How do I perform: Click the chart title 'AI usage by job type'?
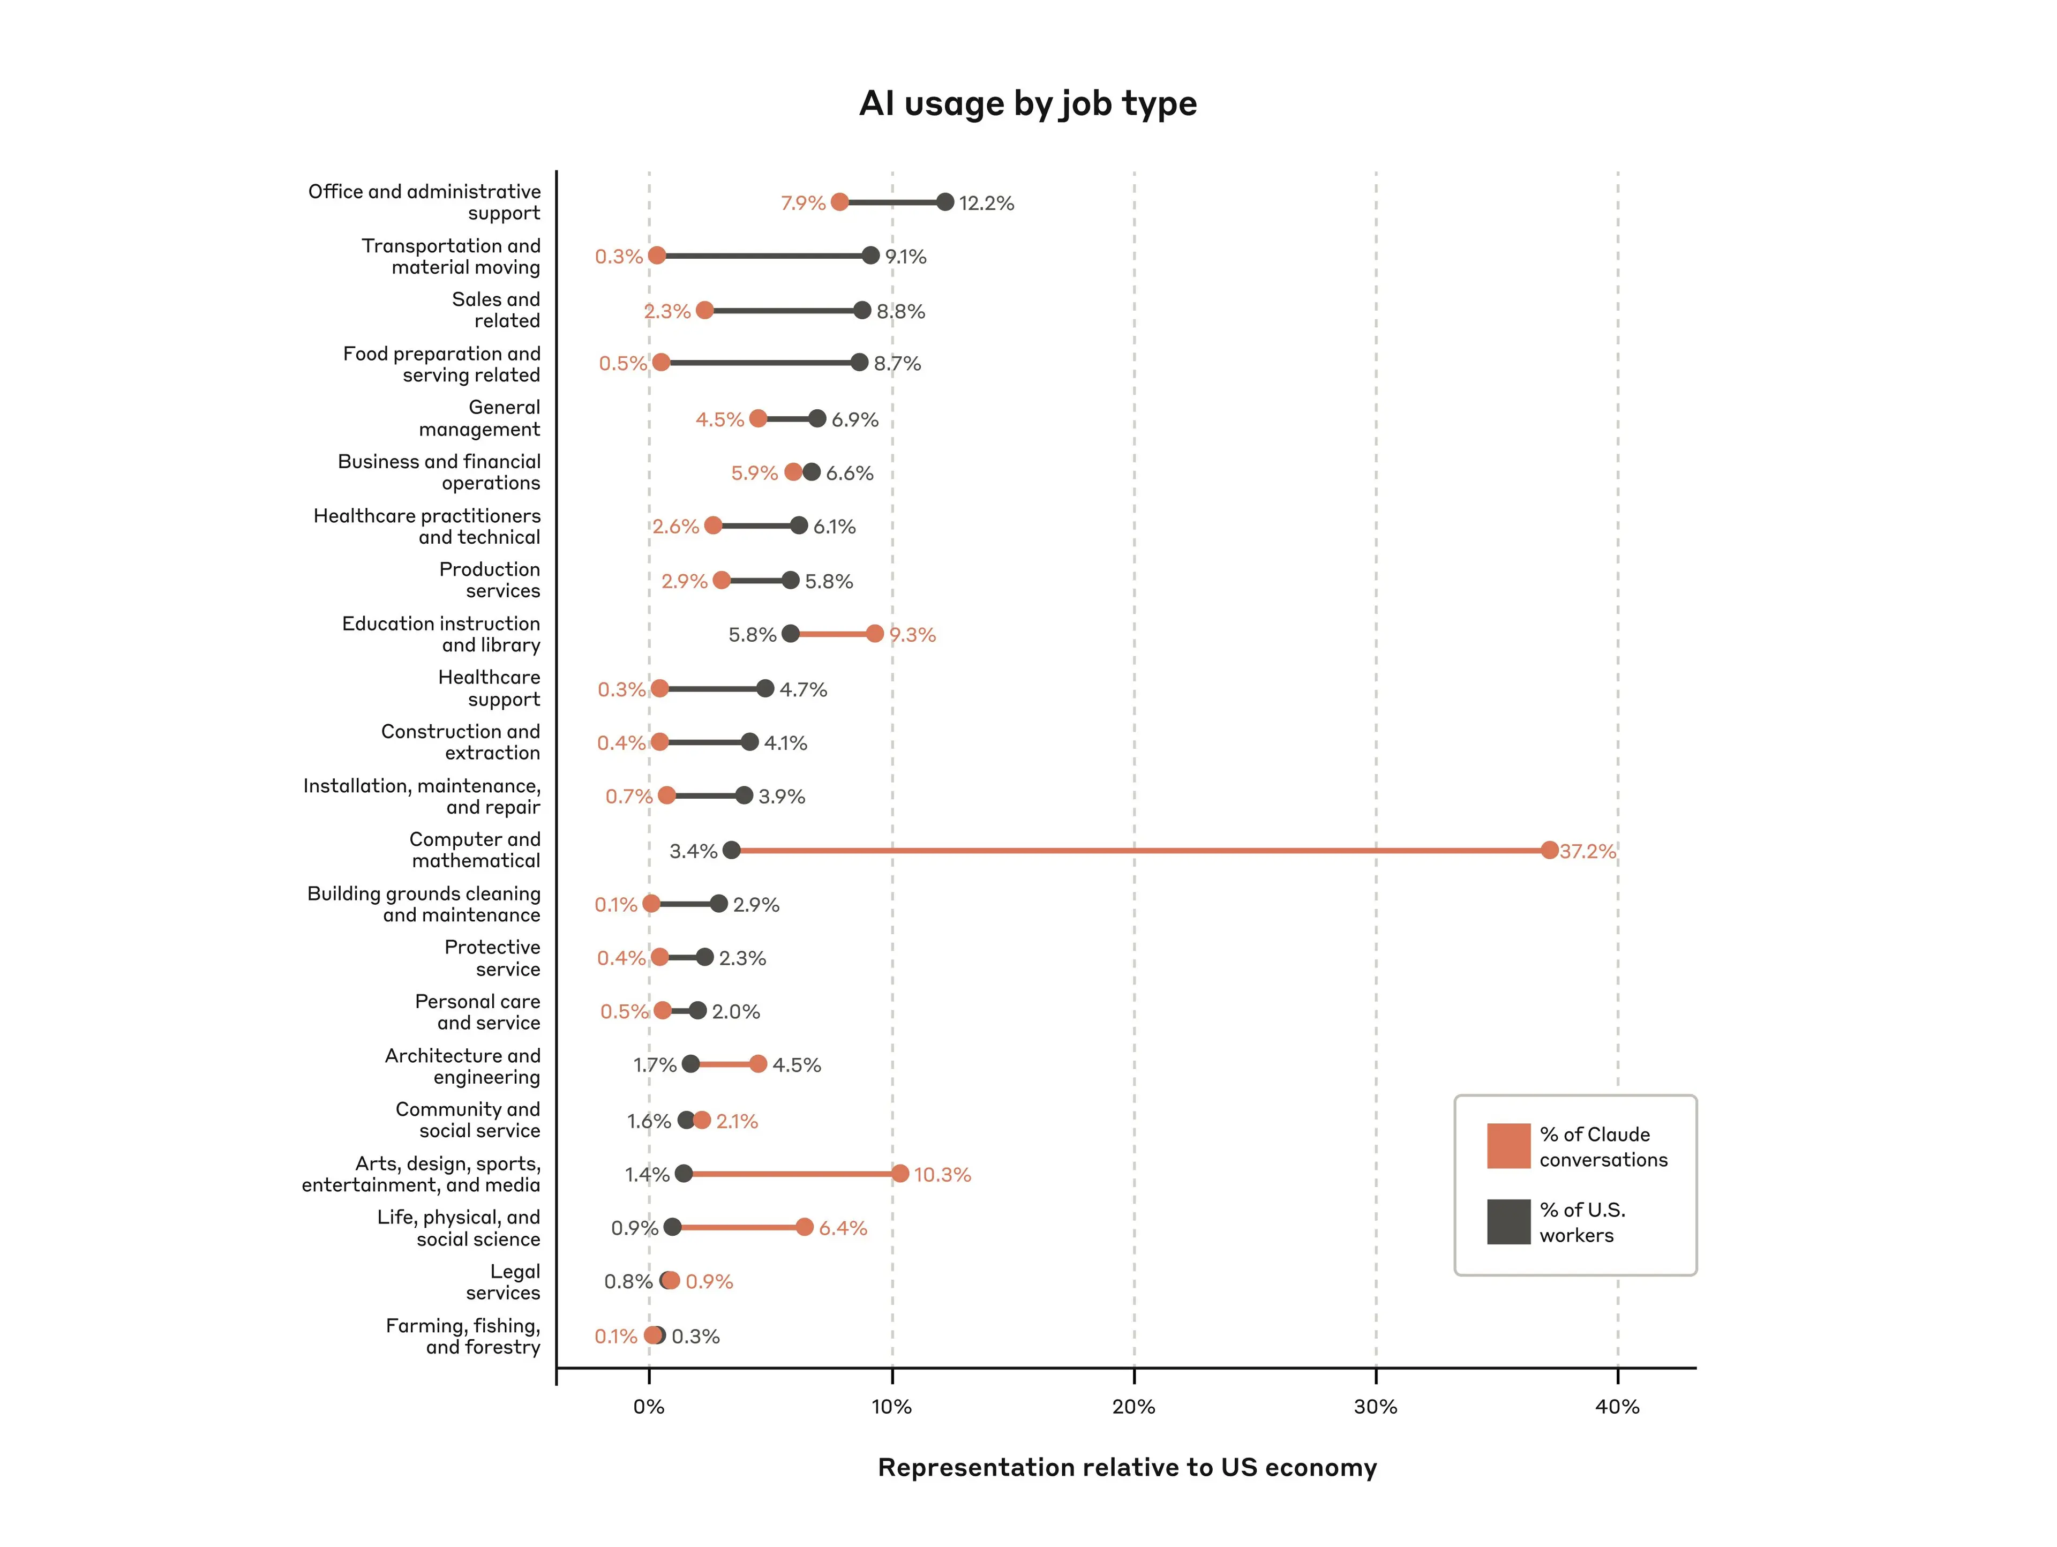pos(1027,103)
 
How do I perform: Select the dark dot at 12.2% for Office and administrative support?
pos(945,202)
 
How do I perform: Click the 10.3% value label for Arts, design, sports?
pos(942,1174)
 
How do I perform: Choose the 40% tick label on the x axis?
pos(1617,1407)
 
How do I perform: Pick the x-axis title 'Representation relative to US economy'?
pos(1127,1467)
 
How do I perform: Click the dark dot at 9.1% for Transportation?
pos(870,256)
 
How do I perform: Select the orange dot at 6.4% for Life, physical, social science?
pos(805,1227)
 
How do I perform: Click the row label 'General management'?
pos(479,418)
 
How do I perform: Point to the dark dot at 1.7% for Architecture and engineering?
pos(690,1064)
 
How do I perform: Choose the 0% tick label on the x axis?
pos(649,1407)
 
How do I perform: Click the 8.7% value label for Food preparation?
pos(896,364)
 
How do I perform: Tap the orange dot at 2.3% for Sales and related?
pos(704,311)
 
